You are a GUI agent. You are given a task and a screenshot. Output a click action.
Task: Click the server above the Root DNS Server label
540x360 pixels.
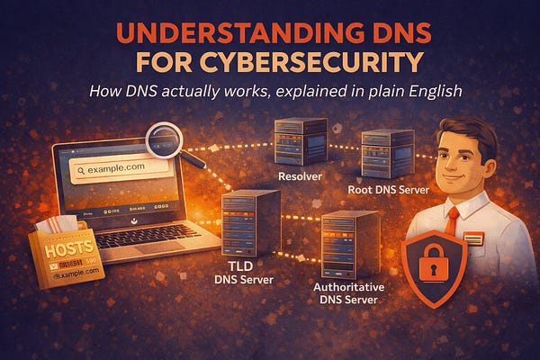tap(386, 153)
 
